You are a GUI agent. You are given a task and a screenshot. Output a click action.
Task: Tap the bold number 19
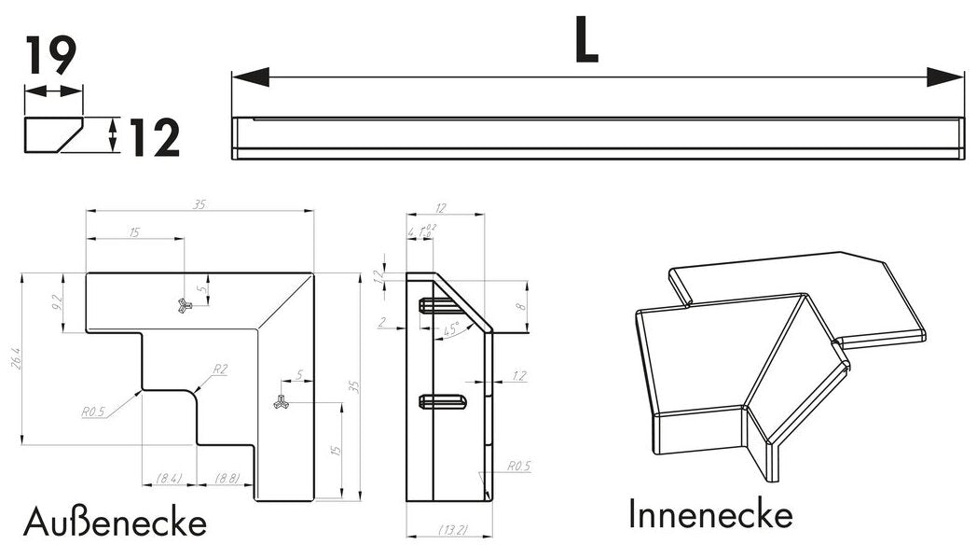[51, 57]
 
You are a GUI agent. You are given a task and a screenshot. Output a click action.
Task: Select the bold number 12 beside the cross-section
[154, 139]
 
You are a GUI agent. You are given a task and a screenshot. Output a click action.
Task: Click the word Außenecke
[115, 523]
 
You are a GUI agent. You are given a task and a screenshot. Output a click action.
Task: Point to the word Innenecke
[710, 514]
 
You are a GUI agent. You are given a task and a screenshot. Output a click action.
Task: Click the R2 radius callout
[220, 370]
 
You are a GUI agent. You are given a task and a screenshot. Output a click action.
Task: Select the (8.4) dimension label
[169, 479]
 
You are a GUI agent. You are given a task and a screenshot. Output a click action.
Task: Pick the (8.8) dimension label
[227, 479]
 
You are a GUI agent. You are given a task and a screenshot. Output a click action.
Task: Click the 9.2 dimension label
[57, 302]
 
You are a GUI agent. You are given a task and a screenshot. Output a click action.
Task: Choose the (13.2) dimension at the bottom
[452, 530]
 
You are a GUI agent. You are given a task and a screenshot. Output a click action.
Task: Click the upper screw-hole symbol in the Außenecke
[185, 304]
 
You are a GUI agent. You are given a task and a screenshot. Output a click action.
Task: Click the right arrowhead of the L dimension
[945, 77]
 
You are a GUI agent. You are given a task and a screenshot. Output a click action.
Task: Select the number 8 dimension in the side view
[520, 303]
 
